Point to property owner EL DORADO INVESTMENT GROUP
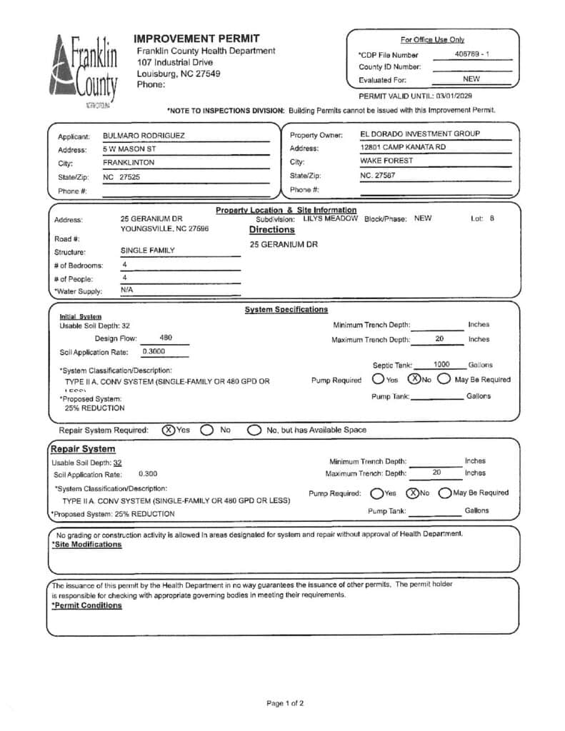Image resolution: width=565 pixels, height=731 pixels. tap(420, 133)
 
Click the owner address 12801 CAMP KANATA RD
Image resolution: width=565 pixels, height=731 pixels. tap(403, 147)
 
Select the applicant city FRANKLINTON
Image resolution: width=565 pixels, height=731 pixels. tap(129, 162)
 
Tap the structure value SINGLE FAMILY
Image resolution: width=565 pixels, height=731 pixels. tap(147, 251)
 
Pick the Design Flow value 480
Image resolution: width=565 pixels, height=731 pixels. tap(166, 338)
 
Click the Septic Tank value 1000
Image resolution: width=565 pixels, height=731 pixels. tap(441, 364)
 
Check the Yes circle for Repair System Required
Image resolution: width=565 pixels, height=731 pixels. tap(168, 430)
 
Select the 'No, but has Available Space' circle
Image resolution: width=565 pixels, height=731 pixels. tap(254, 430)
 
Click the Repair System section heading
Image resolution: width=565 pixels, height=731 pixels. tap(83, 449)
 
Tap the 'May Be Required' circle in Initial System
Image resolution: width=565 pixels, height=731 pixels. tap(444, 379)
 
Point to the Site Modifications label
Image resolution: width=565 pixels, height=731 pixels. tap(86, 544)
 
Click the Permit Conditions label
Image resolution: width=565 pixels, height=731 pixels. tap(86, 605)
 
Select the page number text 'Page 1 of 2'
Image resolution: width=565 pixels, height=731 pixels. tap(285, 703)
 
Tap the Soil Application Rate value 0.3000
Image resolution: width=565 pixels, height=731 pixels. tap(154, 351)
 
